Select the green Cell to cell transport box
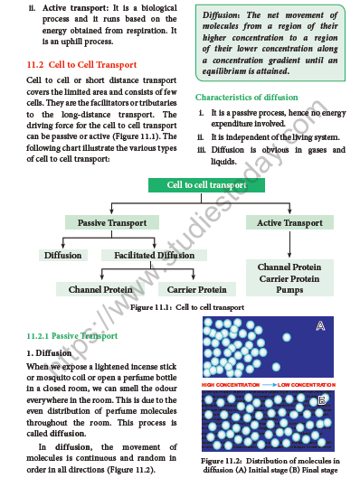click(206, 185)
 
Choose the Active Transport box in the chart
click(289, 222)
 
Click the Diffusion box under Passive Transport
click(62, 256)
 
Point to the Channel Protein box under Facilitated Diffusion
click(99, 289)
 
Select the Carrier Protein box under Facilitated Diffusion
click(194, 289)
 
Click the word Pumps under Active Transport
click(289, 292)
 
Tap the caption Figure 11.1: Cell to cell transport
click(186, 307)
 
